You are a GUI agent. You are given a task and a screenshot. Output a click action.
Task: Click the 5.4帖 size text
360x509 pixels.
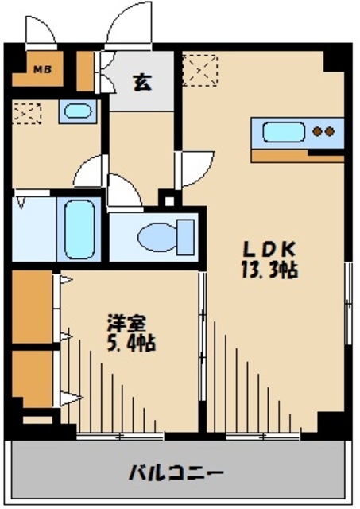[130, 344]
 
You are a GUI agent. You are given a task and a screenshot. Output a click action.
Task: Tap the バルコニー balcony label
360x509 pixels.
[176, 475]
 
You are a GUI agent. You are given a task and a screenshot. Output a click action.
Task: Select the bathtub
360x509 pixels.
[79, 228]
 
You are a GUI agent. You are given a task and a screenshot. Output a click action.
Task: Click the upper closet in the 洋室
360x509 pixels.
[32, 308]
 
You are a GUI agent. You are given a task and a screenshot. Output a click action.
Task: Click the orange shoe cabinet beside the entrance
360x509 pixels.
[85, 72]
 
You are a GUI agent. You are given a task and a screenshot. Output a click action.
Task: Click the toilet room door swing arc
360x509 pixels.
[122, 192]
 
